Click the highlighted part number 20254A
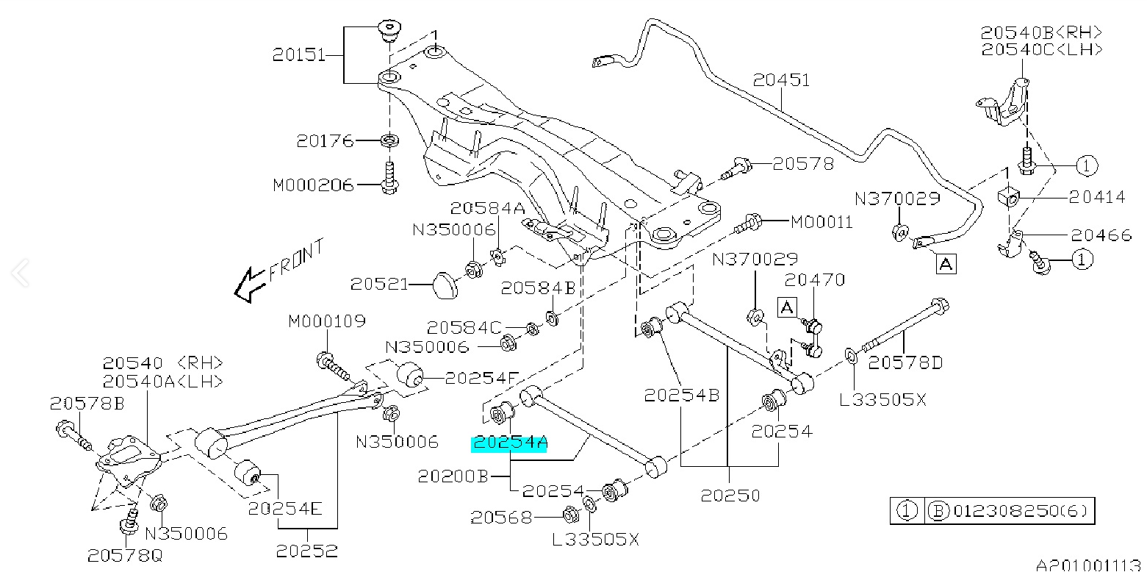coord(510,443)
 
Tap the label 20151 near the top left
coord(299,55)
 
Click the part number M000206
coord(313,185)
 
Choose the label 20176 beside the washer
coord(326,140)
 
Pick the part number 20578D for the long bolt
coord(905,362)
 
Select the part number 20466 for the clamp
coord(1101,235)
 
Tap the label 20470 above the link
coord(815,280)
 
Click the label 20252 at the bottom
coord(308,549)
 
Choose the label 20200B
coord(453,476)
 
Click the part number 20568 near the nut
coord(503,517)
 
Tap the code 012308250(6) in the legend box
coord(1018,510)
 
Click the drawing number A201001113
coord(1090,565)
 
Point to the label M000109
coord(326,321)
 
